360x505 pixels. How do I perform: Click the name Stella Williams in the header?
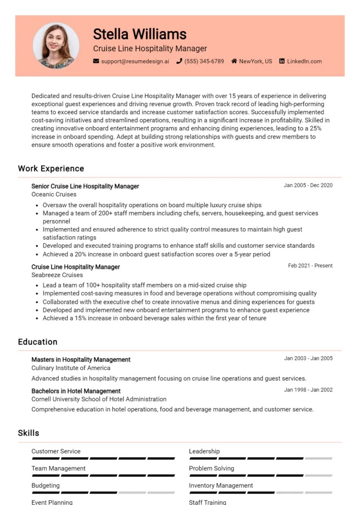(x=140, y=34)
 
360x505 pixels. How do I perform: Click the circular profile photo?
(x=56, y=45)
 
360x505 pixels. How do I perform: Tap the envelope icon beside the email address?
(x=96, y=61)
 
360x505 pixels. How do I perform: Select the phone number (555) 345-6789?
(x=204, y=61)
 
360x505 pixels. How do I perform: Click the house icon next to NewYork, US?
(x=234, y=61)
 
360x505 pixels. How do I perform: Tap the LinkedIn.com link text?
(x=304, y=61)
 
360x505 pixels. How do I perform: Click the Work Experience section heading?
(x=51, y=169)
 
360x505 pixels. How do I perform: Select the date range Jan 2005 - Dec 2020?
(x=308, y=185)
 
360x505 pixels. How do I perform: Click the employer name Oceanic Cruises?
(x=54, y=194)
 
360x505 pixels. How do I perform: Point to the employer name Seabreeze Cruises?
(x=57, y=275)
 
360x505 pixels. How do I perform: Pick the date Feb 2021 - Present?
(x=310, y=266)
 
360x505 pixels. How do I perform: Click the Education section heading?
(x=37, y=342)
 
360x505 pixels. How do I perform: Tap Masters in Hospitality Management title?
(x=81, y=360)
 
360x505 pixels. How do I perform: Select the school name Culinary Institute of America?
(x=71, y=368)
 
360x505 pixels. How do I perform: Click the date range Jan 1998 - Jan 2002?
(x=308, y=390)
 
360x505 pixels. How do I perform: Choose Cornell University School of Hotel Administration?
(x=99, y=399)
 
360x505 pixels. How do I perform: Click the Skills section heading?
(x=29, y=433)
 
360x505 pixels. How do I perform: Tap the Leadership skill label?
(x=204, y=451)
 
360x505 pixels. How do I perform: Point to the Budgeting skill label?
(x=45, y=485)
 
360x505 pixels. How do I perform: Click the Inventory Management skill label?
(x=221, y=485)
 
